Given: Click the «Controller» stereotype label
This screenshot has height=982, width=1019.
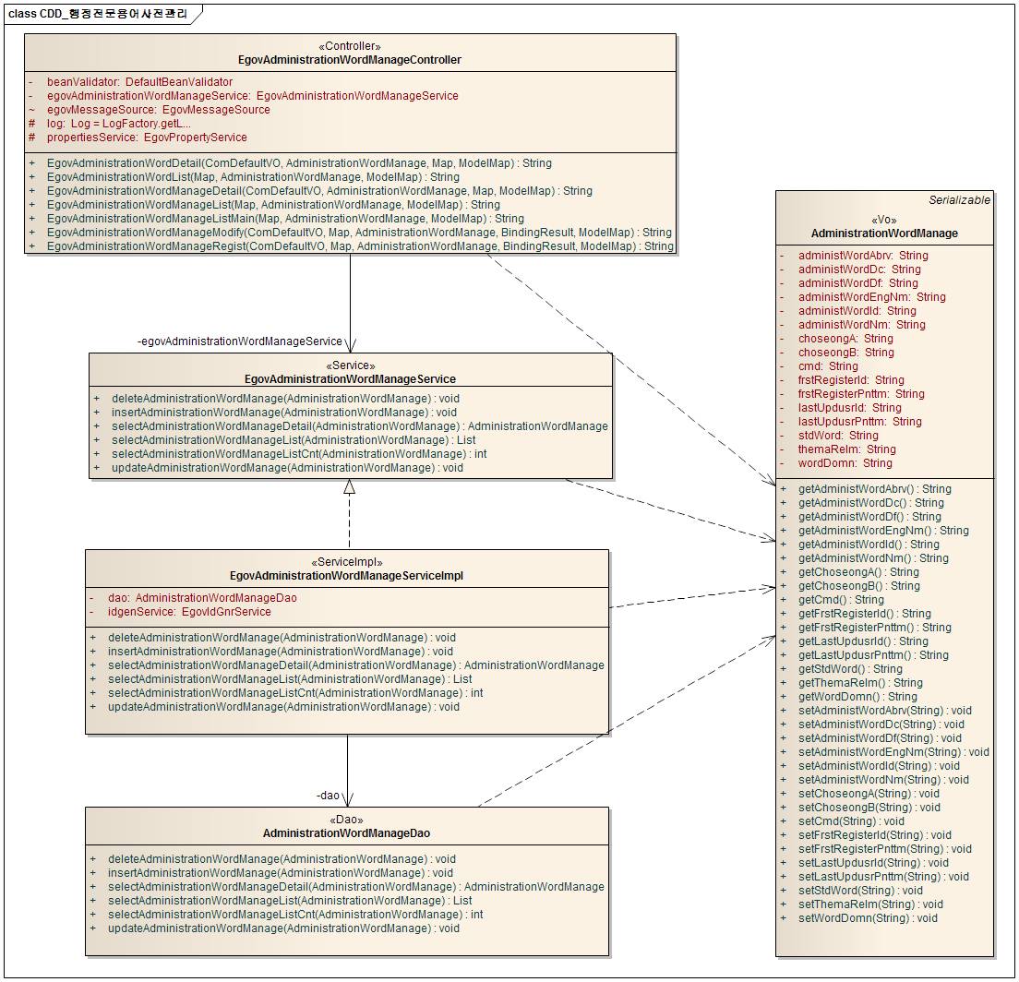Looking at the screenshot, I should [349, 46].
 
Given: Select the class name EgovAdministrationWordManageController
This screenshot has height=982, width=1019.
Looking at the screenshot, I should [349, 60].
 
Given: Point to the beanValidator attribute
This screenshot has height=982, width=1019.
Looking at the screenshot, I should [139, 82].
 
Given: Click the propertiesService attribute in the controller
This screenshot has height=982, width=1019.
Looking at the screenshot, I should [147, 138].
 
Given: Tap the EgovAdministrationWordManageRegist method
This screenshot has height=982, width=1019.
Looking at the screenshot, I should [360, 246].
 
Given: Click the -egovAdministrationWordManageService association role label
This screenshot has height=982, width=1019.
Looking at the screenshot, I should [239, 341].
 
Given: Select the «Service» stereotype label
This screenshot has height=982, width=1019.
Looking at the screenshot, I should [350, 365].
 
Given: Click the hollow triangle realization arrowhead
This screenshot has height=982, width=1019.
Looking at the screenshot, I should [349, 487].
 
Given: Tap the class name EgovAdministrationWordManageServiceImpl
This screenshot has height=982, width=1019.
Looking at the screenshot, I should [346, 576].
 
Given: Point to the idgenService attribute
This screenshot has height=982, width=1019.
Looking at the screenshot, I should [189, 612].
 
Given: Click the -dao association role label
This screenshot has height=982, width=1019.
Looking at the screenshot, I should [329, 795].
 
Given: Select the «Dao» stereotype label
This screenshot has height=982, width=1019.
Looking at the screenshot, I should [346, 820].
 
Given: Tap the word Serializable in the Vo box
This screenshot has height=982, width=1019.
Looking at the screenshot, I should [959, 200].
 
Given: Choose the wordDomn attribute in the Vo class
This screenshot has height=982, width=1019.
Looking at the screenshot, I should [845, 463].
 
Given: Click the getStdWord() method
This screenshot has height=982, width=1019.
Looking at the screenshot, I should [850, 669].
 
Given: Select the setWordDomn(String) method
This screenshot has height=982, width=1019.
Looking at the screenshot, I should [868, 918].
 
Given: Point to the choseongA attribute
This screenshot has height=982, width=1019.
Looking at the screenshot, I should [845, 339].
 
